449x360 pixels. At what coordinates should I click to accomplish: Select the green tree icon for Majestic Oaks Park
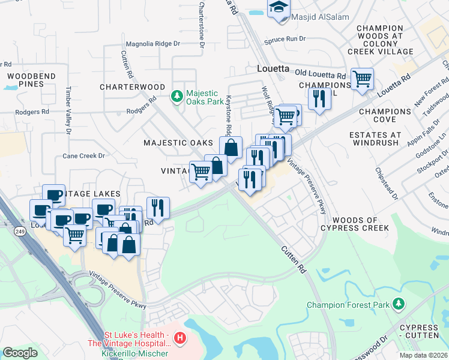176,96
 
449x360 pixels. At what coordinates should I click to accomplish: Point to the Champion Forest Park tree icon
397,304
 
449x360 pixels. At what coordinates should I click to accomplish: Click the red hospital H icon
178,340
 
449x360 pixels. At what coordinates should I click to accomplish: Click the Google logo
20,352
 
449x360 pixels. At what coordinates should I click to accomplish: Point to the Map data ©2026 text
423,355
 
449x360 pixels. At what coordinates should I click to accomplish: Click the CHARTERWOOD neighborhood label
132,87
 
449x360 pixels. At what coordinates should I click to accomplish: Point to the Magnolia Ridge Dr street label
152,44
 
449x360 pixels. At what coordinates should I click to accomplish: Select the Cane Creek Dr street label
83,155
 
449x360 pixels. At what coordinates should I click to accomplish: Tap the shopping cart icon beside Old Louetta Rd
362,79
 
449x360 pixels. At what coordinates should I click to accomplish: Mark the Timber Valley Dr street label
68,113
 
